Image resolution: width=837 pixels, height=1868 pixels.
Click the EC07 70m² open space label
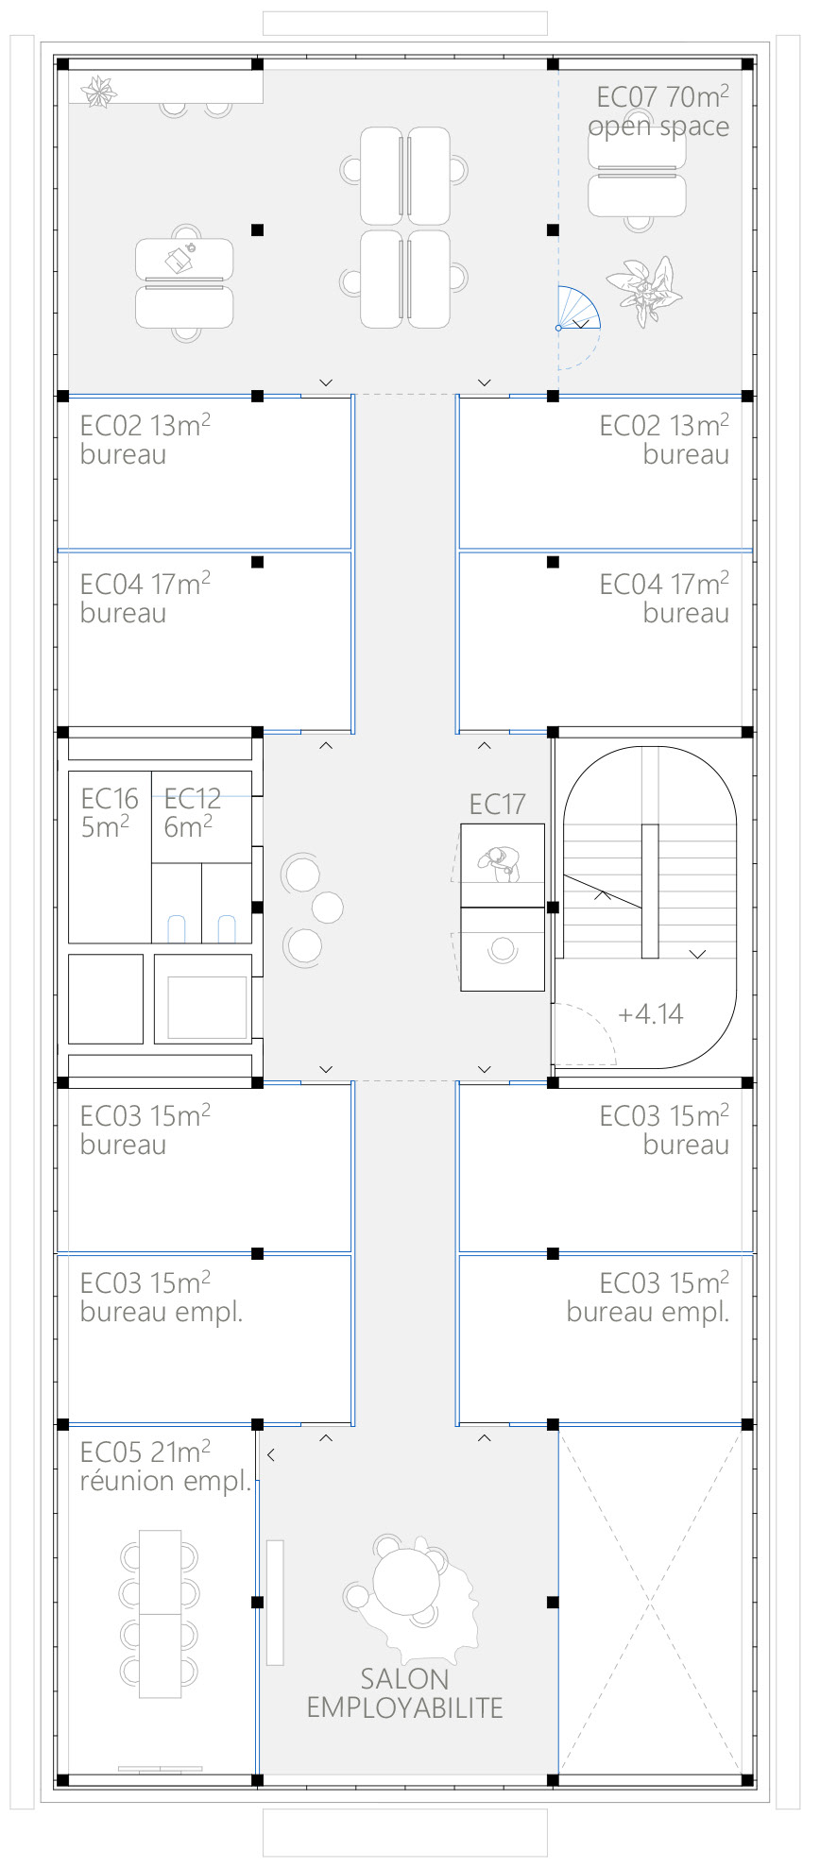click(x=659, y=111)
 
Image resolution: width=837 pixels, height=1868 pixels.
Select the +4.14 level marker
click(x=650, y=1014)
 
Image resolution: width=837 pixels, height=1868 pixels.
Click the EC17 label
click(x=497, y=805)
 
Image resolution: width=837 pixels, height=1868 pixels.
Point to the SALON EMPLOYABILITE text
click(x=404, y=1692)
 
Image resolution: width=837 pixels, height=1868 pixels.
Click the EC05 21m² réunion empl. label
click(x=165, y=1466)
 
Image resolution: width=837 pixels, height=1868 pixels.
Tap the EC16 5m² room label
click(x=110, y=812)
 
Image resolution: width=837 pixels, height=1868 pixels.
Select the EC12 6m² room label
click(x=192, y=812)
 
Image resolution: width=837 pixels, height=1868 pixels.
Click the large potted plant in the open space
click(x=646, y=289)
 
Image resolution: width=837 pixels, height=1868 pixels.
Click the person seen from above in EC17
click(x=500, y=862)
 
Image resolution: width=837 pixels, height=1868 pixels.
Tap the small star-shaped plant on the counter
click(x=98, y=91)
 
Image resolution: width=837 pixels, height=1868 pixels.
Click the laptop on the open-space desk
click(x=179, y=258)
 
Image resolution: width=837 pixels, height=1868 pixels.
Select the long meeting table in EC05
click(x=160, y=1614)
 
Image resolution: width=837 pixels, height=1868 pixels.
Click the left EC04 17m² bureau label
click(x=145, y=599)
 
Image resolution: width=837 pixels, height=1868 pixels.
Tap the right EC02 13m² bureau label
click(x=664, y=440)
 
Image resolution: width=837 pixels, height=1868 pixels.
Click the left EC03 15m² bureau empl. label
click(x=162, y=1298)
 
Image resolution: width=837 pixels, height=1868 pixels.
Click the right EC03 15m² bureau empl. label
click(x=648, y=1298)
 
